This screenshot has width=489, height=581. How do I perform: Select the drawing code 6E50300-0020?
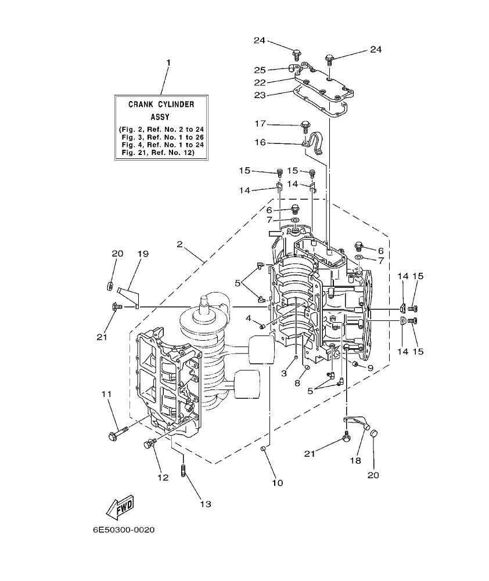click(x=123, y=530)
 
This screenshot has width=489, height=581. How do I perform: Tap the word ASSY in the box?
click(x=161, y=116)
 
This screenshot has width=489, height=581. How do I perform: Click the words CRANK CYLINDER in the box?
click(x=161, y=104)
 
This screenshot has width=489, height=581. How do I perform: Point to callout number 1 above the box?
click(x=168, y=63)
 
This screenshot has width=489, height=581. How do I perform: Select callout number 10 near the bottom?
click(x=277, y=482)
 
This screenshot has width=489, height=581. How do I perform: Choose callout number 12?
click(x=163, y=477)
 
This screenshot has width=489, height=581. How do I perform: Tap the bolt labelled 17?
click(x=304, y=125)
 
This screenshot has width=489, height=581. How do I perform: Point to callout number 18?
click(x=355, y=460)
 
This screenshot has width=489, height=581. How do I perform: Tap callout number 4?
click(x=248, y=318)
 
